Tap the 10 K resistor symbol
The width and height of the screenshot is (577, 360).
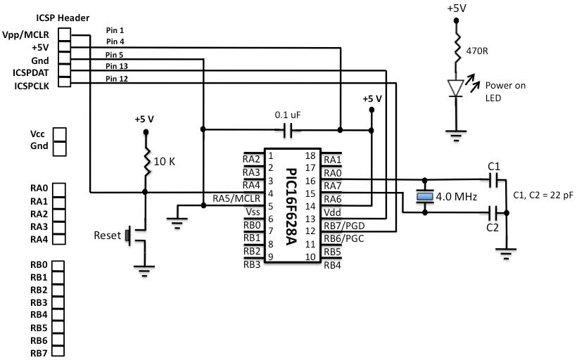(x=146, y=162)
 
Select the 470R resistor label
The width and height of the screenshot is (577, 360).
(x=477, y=51)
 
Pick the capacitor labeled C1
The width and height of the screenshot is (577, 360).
(x=494, y=180)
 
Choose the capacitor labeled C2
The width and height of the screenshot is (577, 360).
(x=494, y=211)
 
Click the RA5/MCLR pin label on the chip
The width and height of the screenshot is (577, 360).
(x=236, y=199)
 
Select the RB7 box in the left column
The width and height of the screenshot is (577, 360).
(x=59, y=352)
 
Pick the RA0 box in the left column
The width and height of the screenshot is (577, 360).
(x=59, y=189)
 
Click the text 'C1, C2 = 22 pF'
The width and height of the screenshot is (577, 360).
(x=543, y=195)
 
